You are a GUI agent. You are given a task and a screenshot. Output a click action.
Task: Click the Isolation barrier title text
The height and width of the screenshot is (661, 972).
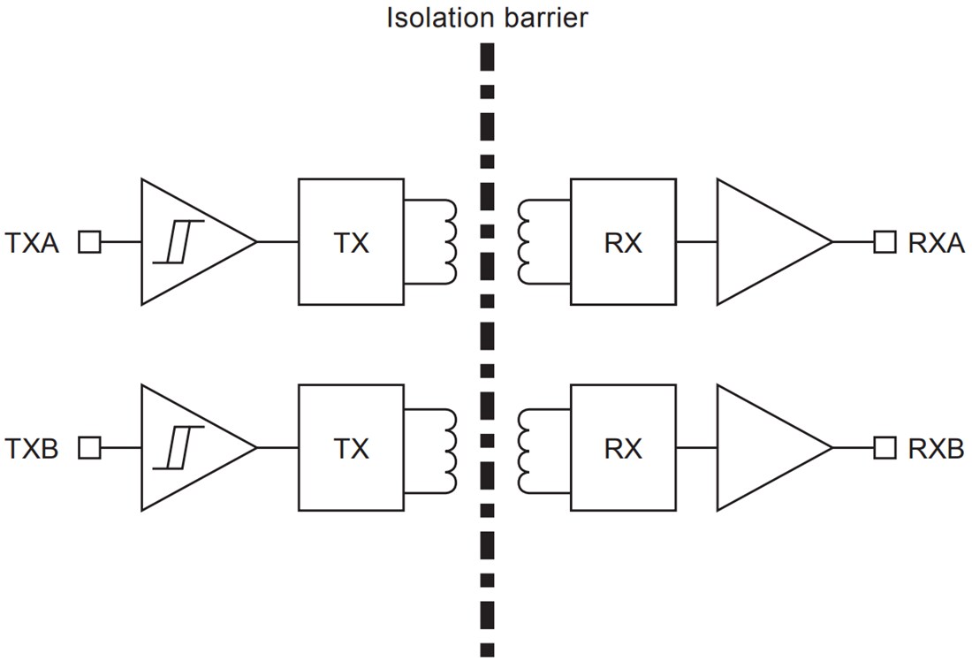point(487,18)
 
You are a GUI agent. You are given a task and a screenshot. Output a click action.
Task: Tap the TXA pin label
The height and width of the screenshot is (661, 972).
point(33,243)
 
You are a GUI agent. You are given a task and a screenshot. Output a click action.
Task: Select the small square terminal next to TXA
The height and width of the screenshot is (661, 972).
point(89,242)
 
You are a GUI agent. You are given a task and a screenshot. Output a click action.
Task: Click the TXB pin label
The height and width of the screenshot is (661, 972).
point(33,449)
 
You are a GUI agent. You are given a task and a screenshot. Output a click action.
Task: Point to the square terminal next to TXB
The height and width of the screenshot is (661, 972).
point(89,448)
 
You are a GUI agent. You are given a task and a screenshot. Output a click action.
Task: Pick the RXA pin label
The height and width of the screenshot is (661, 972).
point(936,243)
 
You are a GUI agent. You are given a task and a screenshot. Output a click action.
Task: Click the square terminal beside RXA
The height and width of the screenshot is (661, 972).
point(885,242)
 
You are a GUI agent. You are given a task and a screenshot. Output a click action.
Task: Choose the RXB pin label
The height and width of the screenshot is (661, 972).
point(936,449)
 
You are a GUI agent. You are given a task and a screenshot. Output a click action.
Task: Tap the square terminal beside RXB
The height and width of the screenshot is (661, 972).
point(885,448)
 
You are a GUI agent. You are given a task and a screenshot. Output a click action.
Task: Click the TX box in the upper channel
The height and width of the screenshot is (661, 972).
point(351,242)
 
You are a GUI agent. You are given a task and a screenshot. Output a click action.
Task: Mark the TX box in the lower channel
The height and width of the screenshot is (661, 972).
point(351,448)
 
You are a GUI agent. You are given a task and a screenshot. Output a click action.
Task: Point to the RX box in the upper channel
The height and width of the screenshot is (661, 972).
point(623,242)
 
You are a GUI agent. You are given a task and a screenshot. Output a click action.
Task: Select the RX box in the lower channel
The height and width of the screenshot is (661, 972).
point(623,448)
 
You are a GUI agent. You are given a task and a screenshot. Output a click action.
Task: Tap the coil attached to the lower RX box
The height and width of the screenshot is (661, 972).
point(525,448)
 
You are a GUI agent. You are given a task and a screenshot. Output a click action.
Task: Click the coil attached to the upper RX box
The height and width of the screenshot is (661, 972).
point(525,242)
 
